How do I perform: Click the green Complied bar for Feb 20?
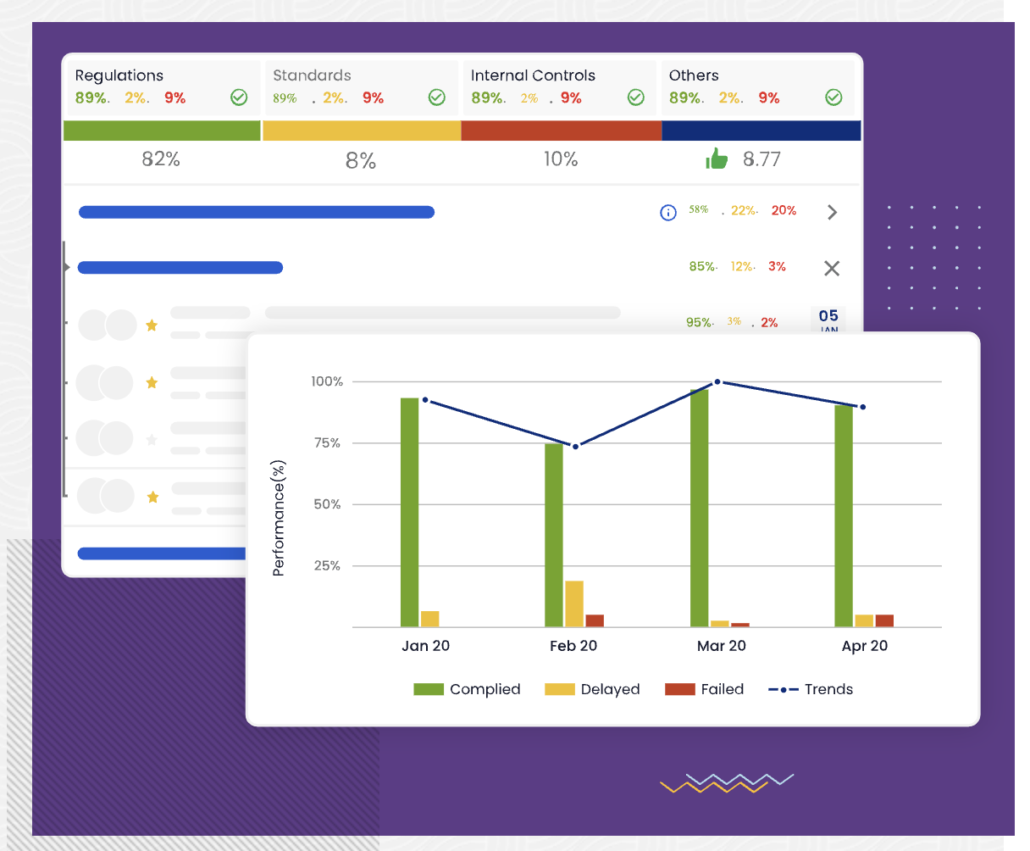pyautogui.click(x=554, y=535)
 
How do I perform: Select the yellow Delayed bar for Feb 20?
pyautogui.click(x=574, y=603)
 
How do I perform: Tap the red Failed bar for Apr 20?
pyautogui.click(x=884, y=620)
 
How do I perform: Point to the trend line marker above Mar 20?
pyautogui.click(x=717, y=381)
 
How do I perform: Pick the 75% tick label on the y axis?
pyautogui.click(x=326, y=442)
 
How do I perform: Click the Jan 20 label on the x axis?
pyautogui.click(x=425, y=646)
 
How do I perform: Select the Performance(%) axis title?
pyautogui.click(x=279, y=518)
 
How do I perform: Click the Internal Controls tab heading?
pyautogui.click(x=533, y=75)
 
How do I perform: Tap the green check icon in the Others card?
pyautogui.click(x=833, y=97)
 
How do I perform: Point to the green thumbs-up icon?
pyautogui.click(x=717, y=159)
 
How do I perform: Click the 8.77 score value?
pyautogui.click(x=761, y=159)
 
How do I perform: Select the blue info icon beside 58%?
pyautogui.click(x=668, y=212)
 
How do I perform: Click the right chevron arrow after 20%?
pyautogui.click(x=832, y=212)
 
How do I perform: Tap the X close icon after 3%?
pyautogui.click(x=832, y=268)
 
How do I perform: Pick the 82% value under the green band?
pyautogui.click(x=161, y=159)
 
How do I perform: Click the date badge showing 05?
pyautogui.click(x=828, y=320)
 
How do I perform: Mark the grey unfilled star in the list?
pyautogui.click(x=152, y=439)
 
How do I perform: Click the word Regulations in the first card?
pyautogui.click(x=119, y=75)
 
